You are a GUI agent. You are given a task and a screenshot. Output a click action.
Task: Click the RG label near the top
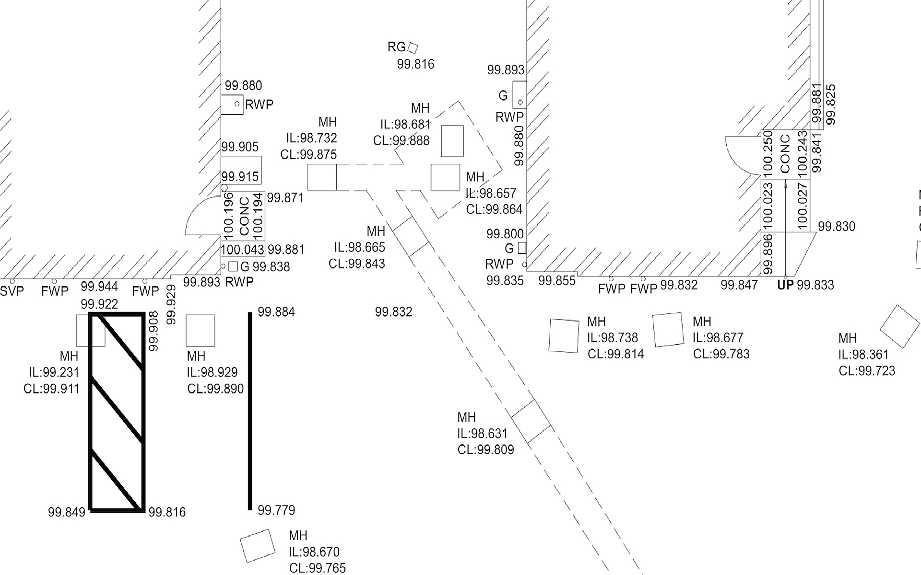pos(396,47)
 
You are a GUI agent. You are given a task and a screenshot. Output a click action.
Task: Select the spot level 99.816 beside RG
pos(415,64)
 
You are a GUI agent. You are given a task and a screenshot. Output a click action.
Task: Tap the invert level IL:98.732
pos(312,138)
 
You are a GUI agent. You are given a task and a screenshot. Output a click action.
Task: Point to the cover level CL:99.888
pos(401,141)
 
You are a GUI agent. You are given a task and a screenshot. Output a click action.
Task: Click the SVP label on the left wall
pos(12,291)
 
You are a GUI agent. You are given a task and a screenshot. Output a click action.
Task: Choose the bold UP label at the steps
pos(785,286)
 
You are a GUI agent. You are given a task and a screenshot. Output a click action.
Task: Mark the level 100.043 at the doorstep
pos(242,250)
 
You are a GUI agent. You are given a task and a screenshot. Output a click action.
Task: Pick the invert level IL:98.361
pos(863,355)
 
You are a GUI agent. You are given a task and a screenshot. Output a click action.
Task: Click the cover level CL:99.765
pos(317,568)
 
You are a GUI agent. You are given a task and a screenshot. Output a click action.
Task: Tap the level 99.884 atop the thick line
pos(276,312)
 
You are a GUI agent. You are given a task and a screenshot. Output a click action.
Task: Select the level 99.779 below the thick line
pos(276,510)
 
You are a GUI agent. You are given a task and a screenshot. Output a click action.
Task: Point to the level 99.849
pos(67,512)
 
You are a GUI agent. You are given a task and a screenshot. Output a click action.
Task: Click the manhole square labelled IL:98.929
pos(200,331)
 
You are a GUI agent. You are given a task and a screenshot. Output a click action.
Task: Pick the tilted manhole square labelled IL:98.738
pos(564,335)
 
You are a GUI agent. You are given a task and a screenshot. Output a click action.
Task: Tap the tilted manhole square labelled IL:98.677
pos(668,330)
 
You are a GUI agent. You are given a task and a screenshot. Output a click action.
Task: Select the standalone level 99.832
pos(393,312)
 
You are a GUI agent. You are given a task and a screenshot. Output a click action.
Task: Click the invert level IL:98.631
pos(482,434)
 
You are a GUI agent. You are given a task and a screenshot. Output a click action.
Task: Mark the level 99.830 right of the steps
pos(836,227)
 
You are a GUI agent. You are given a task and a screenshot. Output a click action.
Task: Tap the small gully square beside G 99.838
pos(233,266)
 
